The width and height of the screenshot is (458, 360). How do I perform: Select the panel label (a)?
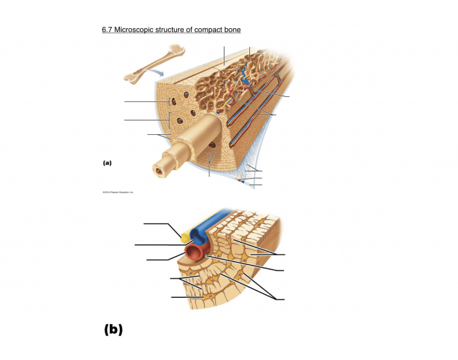(107, 163)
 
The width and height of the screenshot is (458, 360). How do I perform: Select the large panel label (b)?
(113, 329)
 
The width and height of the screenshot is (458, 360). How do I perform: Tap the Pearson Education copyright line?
(117, 192)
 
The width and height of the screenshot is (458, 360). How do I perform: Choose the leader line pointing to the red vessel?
(164, 260)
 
